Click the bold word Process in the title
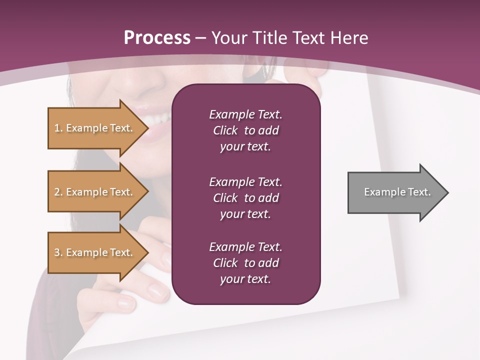coord(157,38)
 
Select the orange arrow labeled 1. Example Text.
coord(95,128)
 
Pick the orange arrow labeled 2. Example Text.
coord(95,192)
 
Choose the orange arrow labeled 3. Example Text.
coord(95,252)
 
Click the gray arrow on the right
coord(395,192)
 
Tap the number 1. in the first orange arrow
coord(58,128)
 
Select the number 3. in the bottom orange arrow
coord(58,253)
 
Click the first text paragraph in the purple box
coord(245,130)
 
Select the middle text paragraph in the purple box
coord(245,198)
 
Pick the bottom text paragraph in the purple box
coord(245,263)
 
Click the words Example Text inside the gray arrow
coord(397,192)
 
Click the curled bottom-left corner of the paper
coord(75,350)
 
